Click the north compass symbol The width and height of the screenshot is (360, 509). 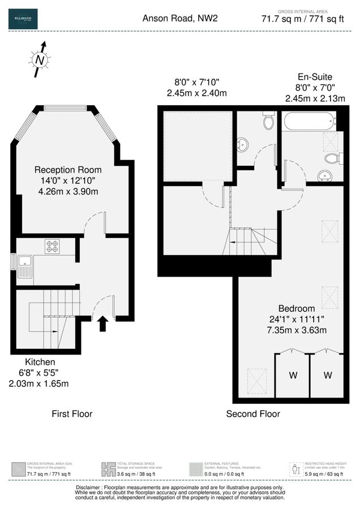(x=39, y=59)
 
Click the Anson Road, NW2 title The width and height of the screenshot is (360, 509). (x=179, y=19)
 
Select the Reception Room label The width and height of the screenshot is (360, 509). (x=68, y=170)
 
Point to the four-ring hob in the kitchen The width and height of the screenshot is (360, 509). (x=53, y=246)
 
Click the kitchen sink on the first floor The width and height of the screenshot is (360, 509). (x=25, y=266)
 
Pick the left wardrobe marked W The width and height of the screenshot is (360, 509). (x=293, y=375)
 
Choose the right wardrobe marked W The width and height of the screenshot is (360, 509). (x=328, y=375)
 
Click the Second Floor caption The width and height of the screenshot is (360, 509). (x=253, y=414)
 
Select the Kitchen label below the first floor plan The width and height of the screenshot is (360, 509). (x=40, y=362)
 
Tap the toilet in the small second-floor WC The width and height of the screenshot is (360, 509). (x=268, y=120)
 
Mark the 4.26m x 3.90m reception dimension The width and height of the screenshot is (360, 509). (x=68, y=191)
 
